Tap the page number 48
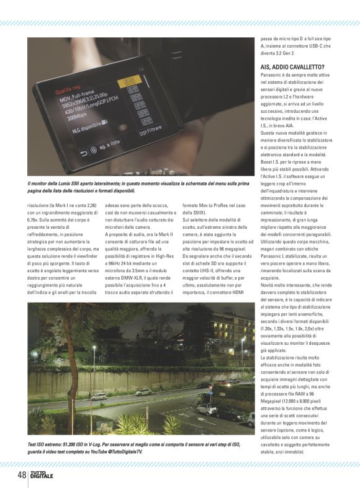(20, 476)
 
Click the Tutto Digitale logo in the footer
(42, 476)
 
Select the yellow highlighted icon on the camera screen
(128, 81)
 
